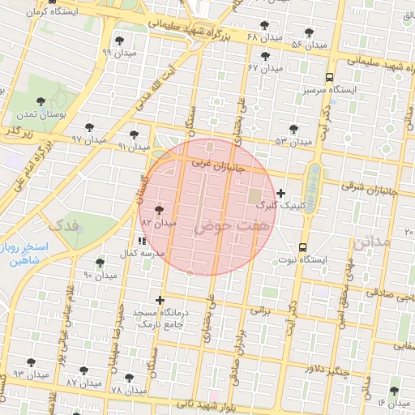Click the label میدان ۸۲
159,222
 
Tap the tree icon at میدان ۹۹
121,40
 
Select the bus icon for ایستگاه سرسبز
329,78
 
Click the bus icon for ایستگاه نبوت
303,247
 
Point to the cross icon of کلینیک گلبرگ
281,193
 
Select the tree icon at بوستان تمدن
41,102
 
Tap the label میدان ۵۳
293,142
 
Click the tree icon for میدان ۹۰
100,263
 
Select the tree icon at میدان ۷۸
129,377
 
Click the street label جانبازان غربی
216,163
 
